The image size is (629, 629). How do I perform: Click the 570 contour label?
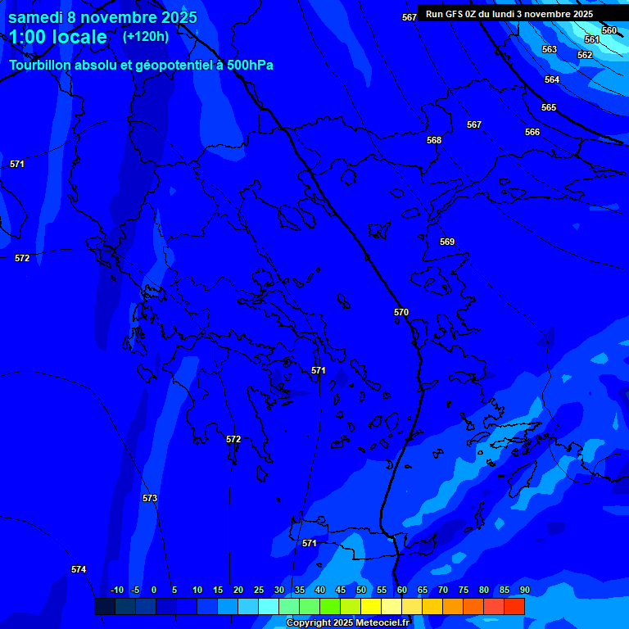pos(401,312)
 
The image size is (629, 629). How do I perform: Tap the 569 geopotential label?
pos(447,242)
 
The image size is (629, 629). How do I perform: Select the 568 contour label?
pos(434,140)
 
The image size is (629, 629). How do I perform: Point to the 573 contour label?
pos(150,498)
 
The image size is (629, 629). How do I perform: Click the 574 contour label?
pos(79,569)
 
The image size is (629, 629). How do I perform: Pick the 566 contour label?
pos(532,132)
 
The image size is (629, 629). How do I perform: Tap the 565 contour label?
pos(549,107)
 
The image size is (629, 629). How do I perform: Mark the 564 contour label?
pos(552,79)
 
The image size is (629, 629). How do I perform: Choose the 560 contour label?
pos(609,30)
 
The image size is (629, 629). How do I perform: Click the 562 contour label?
pos(585,55)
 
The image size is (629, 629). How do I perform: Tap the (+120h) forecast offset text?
pos(146,36)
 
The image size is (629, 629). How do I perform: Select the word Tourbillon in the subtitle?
pos(42,65)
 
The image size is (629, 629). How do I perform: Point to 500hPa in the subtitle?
pos(250,65)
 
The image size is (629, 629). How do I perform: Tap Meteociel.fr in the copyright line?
pos(377,622)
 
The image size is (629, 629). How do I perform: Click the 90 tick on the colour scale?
pos(524,590)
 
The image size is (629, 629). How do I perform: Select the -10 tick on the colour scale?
pos(117,590)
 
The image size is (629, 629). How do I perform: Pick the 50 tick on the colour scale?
pos(361,590)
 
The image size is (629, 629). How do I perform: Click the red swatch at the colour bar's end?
pos(514,606)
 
